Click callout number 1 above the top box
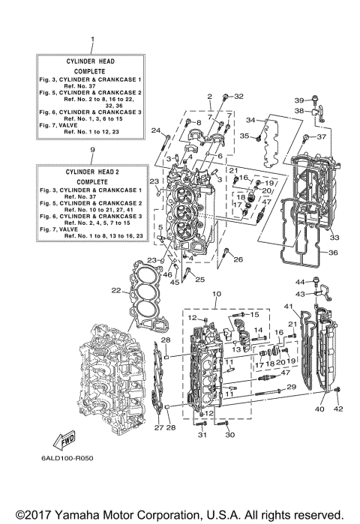tap(92, 38)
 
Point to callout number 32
tap(238, 97)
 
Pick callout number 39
tap(298, 100)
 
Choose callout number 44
tap(298, 282)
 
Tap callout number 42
tap(337, 409)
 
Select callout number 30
tap(229, 436)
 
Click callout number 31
tap(201, 436)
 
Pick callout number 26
tap(238, 260)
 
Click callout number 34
tap(251, 120)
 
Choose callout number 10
tap(217, 294)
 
